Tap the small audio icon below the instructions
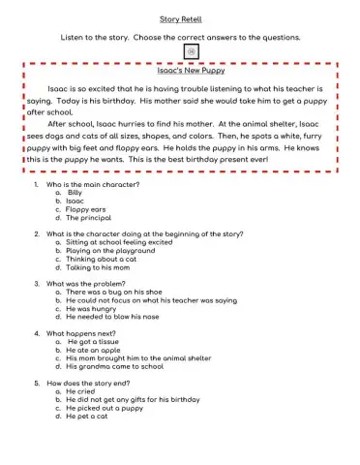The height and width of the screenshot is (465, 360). click(180, 52)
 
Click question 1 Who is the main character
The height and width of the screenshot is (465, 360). click(93, 183)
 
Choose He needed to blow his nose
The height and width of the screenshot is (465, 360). click(116, 317)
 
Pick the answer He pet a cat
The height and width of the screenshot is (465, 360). click(90, 417)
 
